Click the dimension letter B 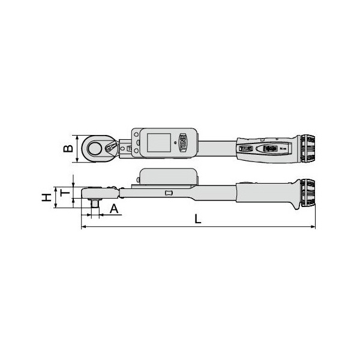68,148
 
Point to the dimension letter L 198,219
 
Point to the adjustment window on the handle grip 269,148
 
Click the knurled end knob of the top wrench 308,146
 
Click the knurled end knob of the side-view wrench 308,193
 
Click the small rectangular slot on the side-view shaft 169,193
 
